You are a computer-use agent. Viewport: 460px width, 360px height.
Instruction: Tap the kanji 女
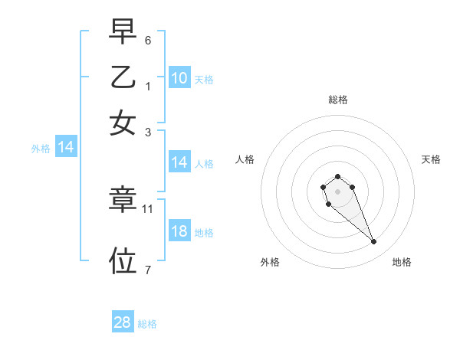[123, 123]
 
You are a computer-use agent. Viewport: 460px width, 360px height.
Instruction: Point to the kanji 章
[123, 200]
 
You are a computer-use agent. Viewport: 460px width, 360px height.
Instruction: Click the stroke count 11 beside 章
[148, 208]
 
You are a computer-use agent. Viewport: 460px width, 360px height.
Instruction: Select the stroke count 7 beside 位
[148, 270]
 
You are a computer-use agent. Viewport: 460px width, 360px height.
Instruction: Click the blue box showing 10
[179, 78]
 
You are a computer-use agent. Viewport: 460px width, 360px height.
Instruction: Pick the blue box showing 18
[179, 231]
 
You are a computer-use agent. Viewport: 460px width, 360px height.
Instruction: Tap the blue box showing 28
[123, 322]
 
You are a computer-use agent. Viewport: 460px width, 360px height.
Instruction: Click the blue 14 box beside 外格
[66, 147]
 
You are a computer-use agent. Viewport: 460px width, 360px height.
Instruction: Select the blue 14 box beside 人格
[179, 162]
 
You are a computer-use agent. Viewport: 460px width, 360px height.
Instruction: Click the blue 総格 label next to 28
[147, 324]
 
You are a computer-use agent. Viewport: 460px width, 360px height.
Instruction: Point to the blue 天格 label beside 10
[204, 80]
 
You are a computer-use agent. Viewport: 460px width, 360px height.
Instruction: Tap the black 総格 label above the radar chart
[338, 100]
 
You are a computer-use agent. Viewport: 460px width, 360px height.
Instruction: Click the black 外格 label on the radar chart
[270, 262]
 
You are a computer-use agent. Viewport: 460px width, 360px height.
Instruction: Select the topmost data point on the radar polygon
[337, 177]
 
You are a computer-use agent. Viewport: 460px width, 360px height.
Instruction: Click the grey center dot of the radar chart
[337, 191]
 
